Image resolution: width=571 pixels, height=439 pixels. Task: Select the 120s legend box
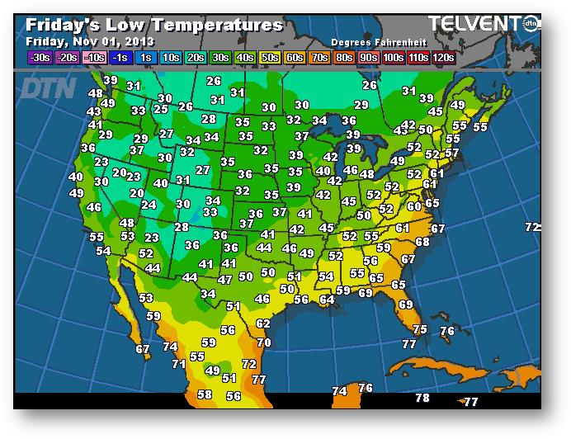click(443, 57)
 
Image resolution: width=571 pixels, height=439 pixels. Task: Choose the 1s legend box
click(146, 57)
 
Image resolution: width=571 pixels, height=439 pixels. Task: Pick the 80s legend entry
click(342, 57)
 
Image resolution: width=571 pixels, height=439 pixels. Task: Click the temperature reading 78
click(422, 398)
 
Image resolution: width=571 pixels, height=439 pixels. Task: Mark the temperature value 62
click(263, 324)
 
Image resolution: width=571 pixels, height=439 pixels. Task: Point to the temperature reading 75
click(420, 329)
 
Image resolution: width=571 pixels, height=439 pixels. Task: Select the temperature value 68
click(422, 242)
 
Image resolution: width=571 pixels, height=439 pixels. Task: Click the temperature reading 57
click(452, 153)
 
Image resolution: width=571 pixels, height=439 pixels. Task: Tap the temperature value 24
click(149, 205)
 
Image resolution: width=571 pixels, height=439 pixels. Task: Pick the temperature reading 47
click(224, 280)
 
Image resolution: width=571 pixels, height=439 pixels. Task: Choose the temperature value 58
click(205, 394)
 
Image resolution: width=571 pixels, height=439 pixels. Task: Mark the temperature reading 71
click(178, 363)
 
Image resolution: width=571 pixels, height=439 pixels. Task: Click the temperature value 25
click(161, 109)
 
